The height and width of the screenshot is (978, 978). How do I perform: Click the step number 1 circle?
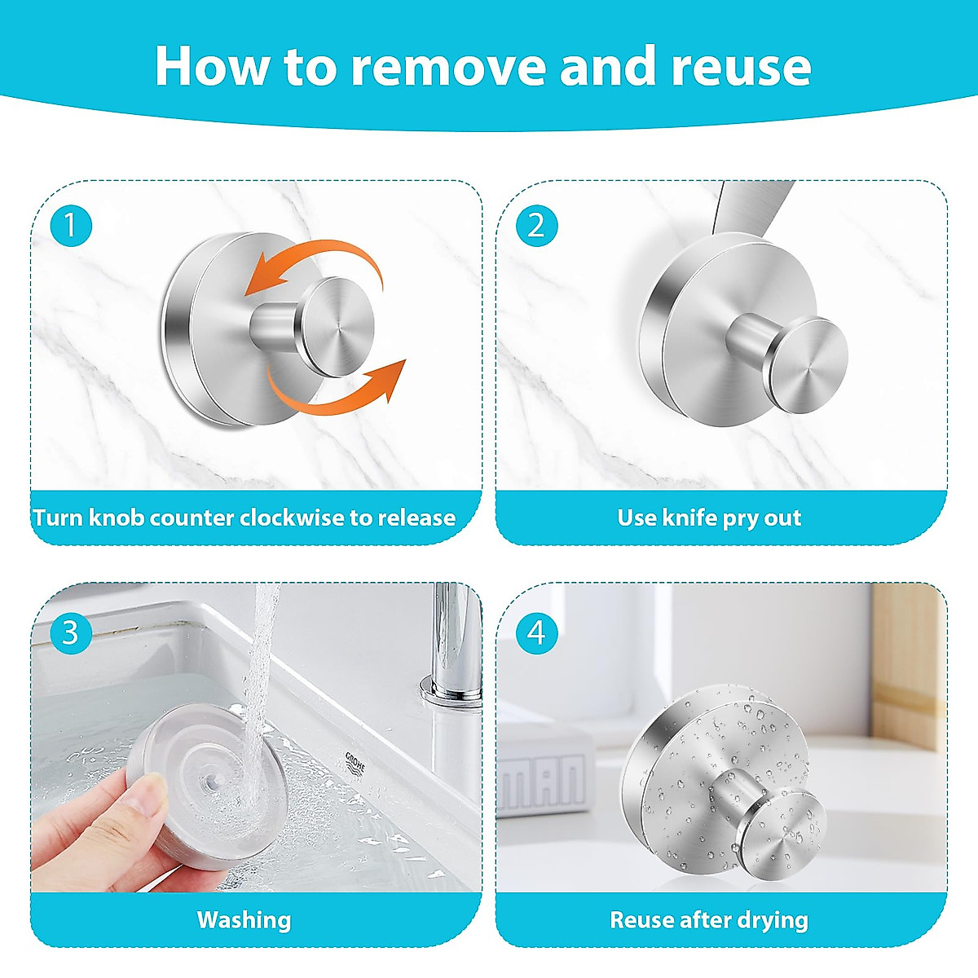(71, 225)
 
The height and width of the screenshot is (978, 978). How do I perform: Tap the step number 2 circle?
(536, 225)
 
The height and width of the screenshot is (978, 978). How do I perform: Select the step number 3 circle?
(71, 633)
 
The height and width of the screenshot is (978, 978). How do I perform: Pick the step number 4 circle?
(536, 633)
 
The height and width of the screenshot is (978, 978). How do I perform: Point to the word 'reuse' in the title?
(741, 67)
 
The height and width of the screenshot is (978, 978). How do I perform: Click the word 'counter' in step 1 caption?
(192, 518)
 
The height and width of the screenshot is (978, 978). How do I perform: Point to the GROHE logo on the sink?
(355, 762)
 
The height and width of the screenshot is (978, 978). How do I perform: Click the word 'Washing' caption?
(244, 920)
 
